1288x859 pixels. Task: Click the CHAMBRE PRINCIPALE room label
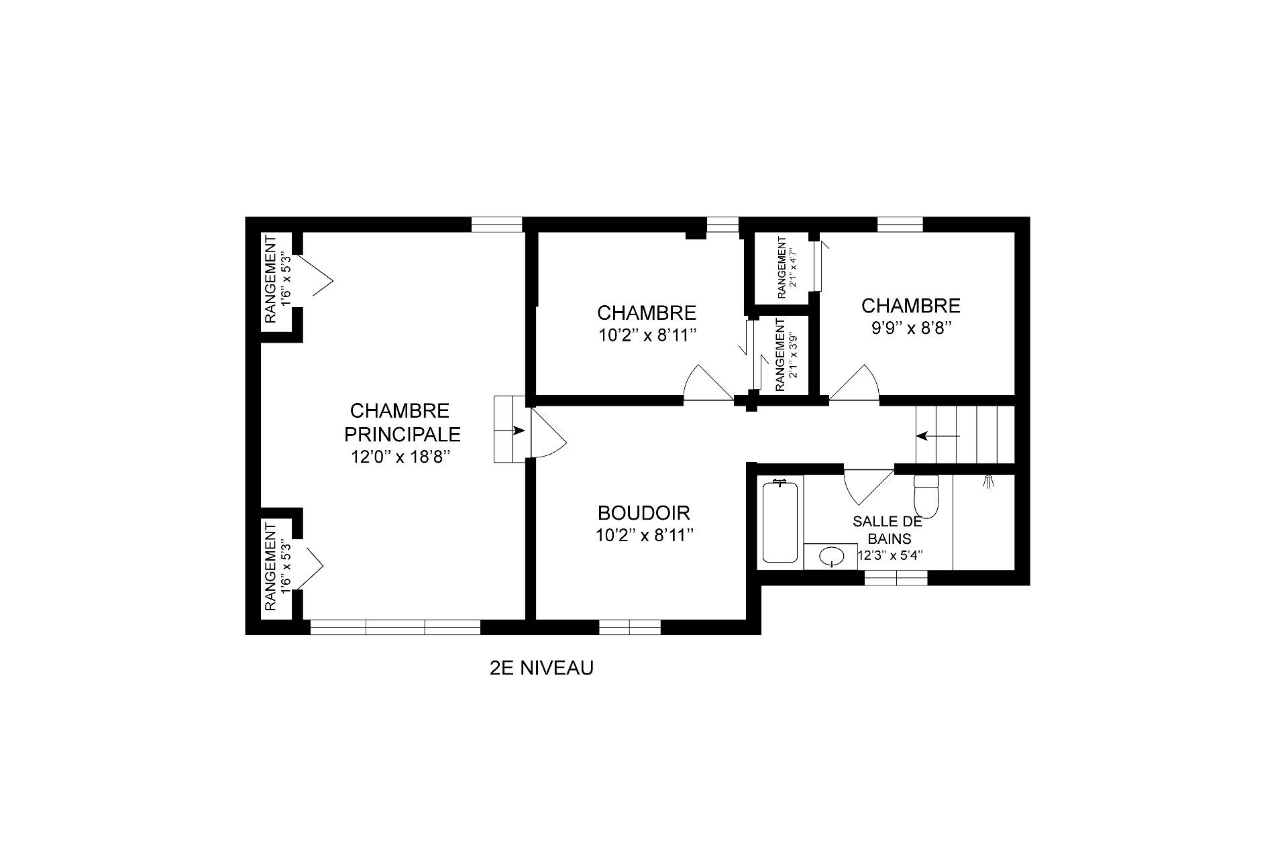coord(402,422)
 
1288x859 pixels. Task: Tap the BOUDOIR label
coord(644,513)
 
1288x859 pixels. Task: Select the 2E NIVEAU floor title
coord(542,668)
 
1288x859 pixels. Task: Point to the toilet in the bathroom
coord(926,494)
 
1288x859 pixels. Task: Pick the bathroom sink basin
coord(833,556)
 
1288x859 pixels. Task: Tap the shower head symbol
coord(987,481)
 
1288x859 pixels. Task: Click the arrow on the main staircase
coord(938,436)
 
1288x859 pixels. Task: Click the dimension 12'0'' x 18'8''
coord(400,457)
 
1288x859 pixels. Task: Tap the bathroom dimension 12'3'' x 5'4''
coord(890,555)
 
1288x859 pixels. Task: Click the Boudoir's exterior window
coord(629,627)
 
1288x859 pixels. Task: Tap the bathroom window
coord(896,577)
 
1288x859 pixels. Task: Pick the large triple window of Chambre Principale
coord(394,627)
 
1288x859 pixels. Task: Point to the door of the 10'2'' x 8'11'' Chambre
coord(708,383)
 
